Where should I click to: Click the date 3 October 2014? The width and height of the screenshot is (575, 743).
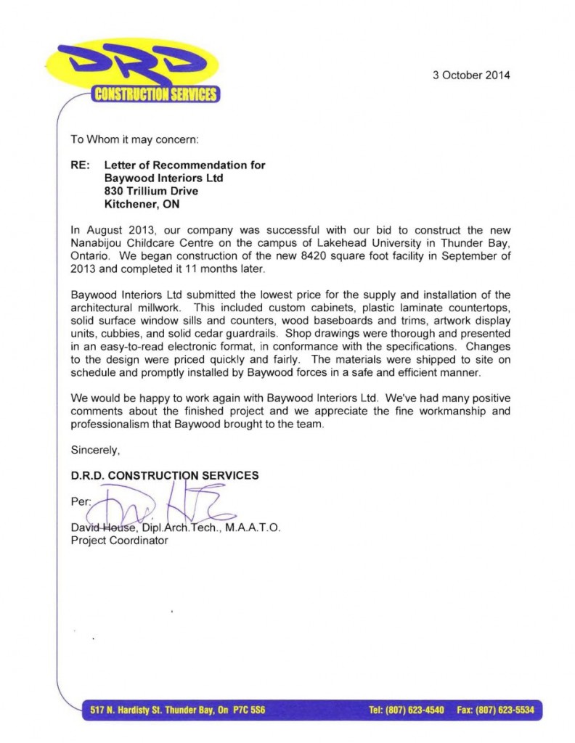pos(471,75)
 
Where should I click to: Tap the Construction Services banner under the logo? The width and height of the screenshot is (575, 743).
pos(154,94)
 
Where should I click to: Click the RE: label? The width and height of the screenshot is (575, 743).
pos(79,165)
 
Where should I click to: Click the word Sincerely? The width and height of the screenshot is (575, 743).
pos(95,450)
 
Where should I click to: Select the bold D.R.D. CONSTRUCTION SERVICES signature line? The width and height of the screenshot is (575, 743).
pos(164,475)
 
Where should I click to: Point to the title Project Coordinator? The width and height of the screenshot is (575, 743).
pos(119,541)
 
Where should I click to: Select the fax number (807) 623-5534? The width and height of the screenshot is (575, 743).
pos(506,710)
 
